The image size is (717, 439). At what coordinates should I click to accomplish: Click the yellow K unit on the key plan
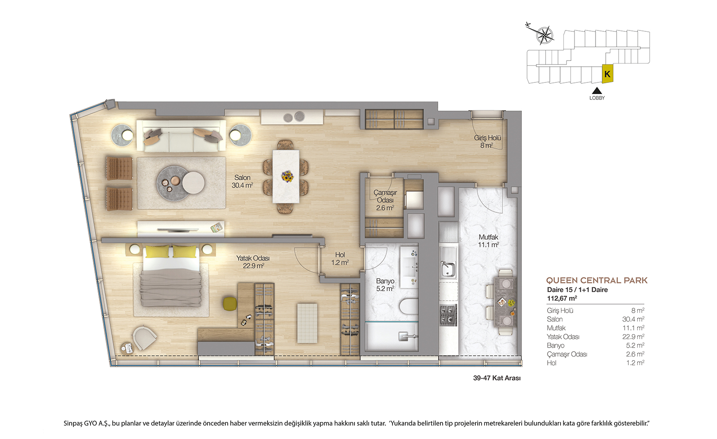click(607, 74)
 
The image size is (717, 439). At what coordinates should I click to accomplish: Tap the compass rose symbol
click(544, 35)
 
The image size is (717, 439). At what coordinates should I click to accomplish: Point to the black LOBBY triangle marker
click(596, 90)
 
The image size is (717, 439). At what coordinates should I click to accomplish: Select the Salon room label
click(242, 181)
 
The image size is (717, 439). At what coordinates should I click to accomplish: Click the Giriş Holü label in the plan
click(487, 142)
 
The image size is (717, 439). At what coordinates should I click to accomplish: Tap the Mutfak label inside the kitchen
click(488, 241)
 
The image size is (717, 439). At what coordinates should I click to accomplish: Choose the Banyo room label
click(385, 285)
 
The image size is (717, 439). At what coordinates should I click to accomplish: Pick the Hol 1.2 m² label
click(340, 258)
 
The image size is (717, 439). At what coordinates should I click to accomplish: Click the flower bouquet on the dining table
click(287, 176)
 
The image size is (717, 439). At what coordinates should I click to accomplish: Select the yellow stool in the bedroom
click(230, 304)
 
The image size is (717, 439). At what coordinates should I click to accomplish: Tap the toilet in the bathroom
click(409, 306)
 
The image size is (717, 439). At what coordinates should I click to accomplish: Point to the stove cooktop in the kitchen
click(448, 315)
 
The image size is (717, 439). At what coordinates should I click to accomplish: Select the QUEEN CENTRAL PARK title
click(596, 280)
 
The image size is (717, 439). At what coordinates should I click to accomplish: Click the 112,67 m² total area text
click(562, 298)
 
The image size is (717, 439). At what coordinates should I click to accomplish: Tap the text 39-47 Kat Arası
click(497, 378)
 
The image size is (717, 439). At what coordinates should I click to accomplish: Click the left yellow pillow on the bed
click(157, 251)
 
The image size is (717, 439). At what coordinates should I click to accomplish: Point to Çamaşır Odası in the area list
click(567, 354)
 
